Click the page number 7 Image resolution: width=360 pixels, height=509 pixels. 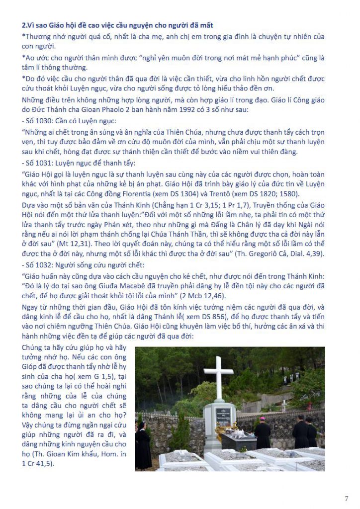pos(346,498)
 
